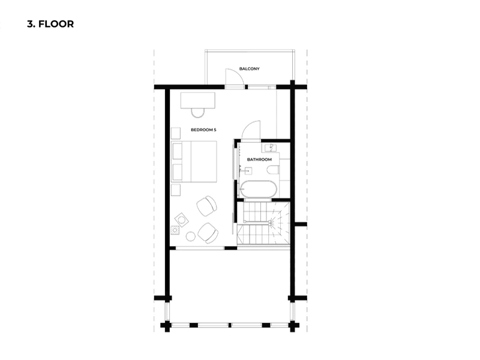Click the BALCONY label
249,69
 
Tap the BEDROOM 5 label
203,130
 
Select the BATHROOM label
259,160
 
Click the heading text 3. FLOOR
50,24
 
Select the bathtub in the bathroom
259,189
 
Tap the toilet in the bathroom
272,170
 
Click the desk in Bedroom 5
198,100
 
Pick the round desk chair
198,113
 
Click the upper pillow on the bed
177,151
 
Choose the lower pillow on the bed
177,172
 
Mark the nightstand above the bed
176,133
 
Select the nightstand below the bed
176,190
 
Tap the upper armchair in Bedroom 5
206,206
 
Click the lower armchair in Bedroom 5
208,233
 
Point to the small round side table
190,236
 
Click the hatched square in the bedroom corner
175,230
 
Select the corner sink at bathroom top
271,148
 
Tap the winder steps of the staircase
280,223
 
